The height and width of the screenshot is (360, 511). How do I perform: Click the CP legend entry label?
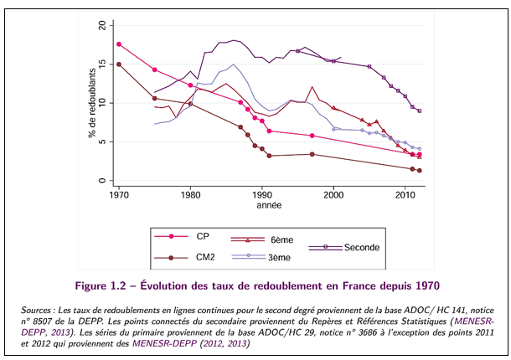(203, 237)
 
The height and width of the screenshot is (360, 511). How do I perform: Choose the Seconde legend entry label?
(361, 247)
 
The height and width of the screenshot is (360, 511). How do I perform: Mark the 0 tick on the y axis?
(105, 181)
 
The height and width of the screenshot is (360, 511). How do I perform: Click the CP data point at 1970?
(119, 44)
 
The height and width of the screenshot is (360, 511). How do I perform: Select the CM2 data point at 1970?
(119, 64)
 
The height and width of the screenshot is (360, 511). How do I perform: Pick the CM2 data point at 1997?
(312, 154)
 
